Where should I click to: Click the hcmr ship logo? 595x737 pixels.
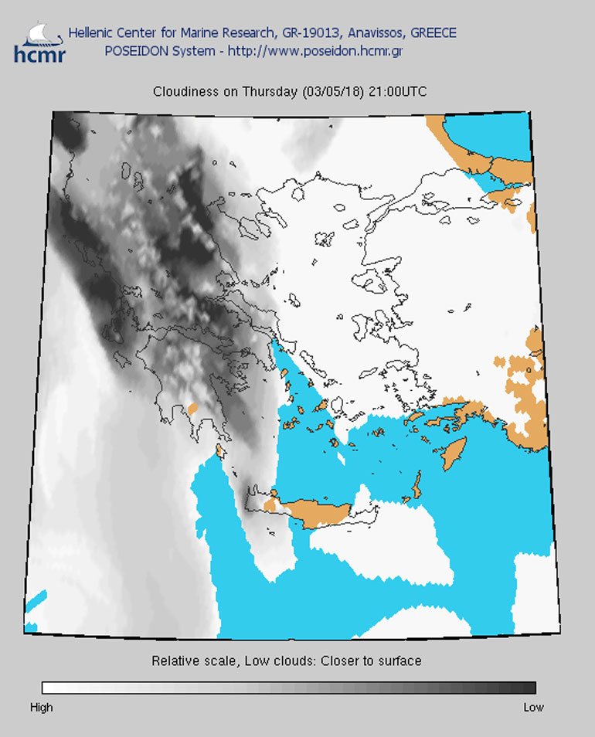pyautogui.click(x=39, y=42)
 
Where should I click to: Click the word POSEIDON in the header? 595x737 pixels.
pyautogui.click(x=134, y=51)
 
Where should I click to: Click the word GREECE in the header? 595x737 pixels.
pyautogui.click(x=433, y=33)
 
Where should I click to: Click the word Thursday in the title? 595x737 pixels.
pyautogui.click(x=268, y=92)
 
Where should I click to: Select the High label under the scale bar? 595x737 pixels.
pyautogui.click(x=41, y=707)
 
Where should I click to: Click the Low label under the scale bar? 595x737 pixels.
pyautogui.click(x=533, y=707)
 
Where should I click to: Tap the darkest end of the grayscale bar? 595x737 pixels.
pyautogui.click(x=530, y=688)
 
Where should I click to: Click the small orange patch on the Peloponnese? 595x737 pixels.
pyautogui.click(x=192, y=406)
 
